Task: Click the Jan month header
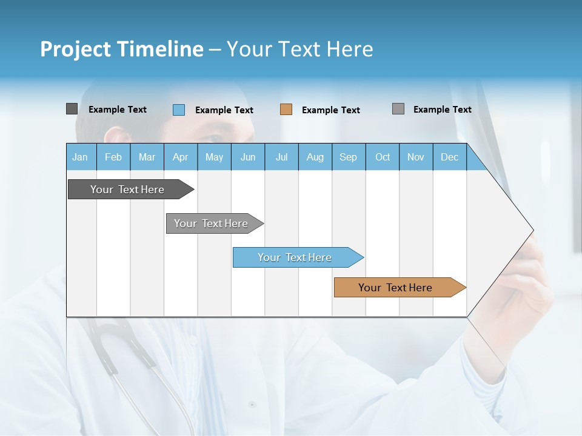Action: (x=81, y=157)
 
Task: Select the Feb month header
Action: (x=113, y=157)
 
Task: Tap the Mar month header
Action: (x=147, y=157)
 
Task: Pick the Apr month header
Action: (x=181, y=157)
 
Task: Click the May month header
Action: (x=214, y=157)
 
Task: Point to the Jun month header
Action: (x=248, y=157)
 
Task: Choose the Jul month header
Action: (x=281, y=157)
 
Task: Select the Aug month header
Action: (x=315, y=157)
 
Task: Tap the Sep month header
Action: (x=349, y=157)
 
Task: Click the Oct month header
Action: (x=383, y=157)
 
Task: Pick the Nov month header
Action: (x=416, y=157)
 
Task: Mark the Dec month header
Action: (x=450, y=157)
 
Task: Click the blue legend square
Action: (x=179, y=110)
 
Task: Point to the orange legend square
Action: (x=286, y=110)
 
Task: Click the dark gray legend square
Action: (x=72, y=109)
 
